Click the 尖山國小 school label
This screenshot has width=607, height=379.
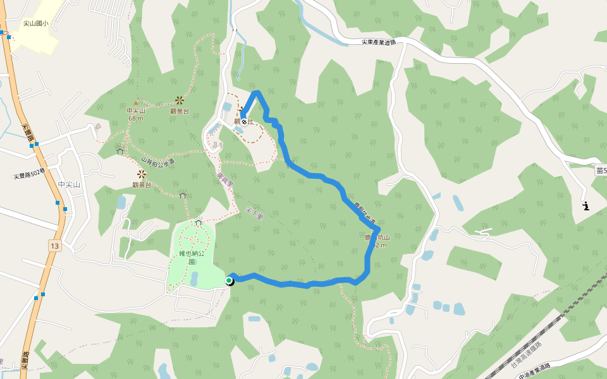pos(35,23)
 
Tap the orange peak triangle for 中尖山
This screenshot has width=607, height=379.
pos(135,102)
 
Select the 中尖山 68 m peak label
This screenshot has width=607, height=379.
pos(135,114)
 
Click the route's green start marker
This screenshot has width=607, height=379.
pos(229,280)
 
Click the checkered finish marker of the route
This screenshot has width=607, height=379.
pos(244,121)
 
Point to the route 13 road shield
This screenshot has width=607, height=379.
pos(54,244)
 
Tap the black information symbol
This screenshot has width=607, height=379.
pos(586,206)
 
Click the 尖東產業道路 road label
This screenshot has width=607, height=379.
pos(379,42)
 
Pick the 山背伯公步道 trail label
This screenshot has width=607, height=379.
pos(157,162)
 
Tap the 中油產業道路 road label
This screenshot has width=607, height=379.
pos(535,371)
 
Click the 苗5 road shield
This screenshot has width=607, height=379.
pos(601,170)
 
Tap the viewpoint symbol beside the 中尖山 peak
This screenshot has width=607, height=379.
pos(180,100)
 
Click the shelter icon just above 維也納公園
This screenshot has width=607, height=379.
pos(199,222)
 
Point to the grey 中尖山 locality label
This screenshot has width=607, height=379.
pos(70,184)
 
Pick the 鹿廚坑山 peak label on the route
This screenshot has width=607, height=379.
pos(377,241)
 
